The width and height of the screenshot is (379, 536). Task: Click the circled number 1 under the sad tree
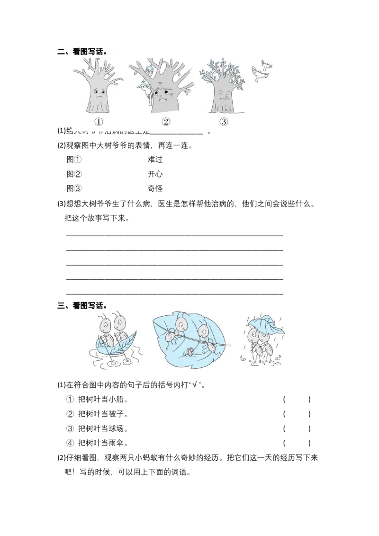98,122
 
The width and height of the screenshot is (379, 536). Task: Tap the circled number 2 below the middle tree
165,122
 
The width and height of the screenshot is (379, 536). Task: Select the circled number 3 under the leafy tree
224,122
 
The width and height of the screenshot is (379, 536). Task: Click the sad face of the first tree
98,91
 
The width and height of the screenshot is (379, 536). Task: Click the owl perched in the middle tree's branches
150,71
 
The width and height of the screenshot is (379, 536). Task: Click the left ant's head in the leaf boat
105,325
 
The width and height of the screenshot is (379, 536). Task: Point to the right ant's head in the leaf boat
119,323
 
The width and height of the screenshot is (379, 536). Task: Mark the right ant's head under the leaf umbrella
265,337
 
